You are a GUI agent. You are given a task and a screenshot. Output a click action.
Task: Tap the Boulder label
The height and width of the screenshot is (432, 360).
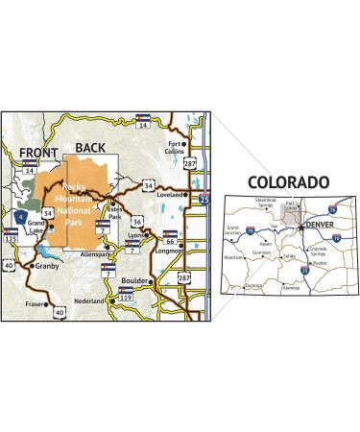click(x=134, y=281)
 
